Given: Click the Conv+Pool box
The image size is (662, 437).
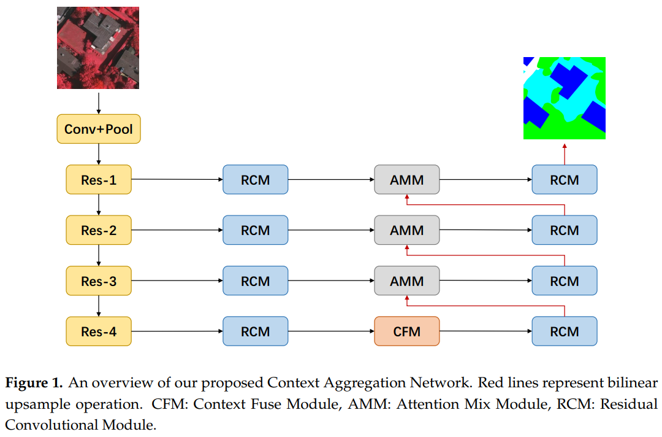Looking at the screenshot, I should [x=99, y=130].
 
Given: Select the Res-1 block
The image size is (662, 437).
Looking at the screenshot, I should [x=99, y=180].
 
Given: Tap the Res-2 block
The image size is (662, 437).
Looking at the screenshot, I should [x=99, y=231].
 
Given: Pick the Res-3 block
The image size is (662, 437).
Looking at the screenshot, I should [x=99, y=281].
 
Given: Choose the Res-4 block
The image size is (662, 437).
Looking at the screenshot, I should [x=99, y=331].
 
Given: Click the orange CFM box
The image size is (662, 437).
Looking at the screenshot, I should [x=407, y=331].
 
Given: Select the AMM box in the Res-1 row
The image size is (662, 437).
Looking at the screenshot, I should [x=407, y=180].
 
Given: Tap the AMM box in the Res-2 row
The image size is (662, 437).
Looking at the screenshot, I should [x=407, y=231].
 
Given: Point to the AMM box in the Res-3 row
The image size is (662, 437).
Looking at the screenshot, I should [x=407, y=281].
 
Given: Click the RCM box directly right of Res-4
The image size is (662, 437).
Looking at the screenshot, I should [x=255, y=331].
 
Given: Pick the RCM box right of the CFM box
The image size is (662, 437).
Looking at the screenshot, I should [x=565, y=331].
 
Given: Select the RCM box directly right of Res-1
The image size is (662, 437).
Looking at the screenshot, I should [x=255, y=180].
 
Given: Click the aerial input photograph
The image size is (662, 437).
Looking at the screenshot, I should [x=98, y=48].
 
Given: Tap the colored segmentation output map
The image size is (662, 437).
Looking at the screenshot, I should [x=564, y=98].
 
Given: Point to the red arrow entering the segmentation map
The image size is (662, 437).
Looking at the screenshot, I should [x=565, y=153].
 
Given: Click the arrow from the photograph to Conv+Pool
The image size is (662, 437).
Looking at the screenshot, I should [x=98, y=101].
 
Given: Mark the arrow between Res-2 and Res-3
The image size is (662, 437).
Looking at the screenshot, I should [x=99, y=256].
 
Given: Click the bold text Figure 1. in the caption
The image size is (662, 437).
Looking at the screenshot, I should [x=34, y=384].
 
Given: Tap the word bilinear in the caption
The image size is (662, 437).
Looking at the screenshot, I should [x=635, y=384].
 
